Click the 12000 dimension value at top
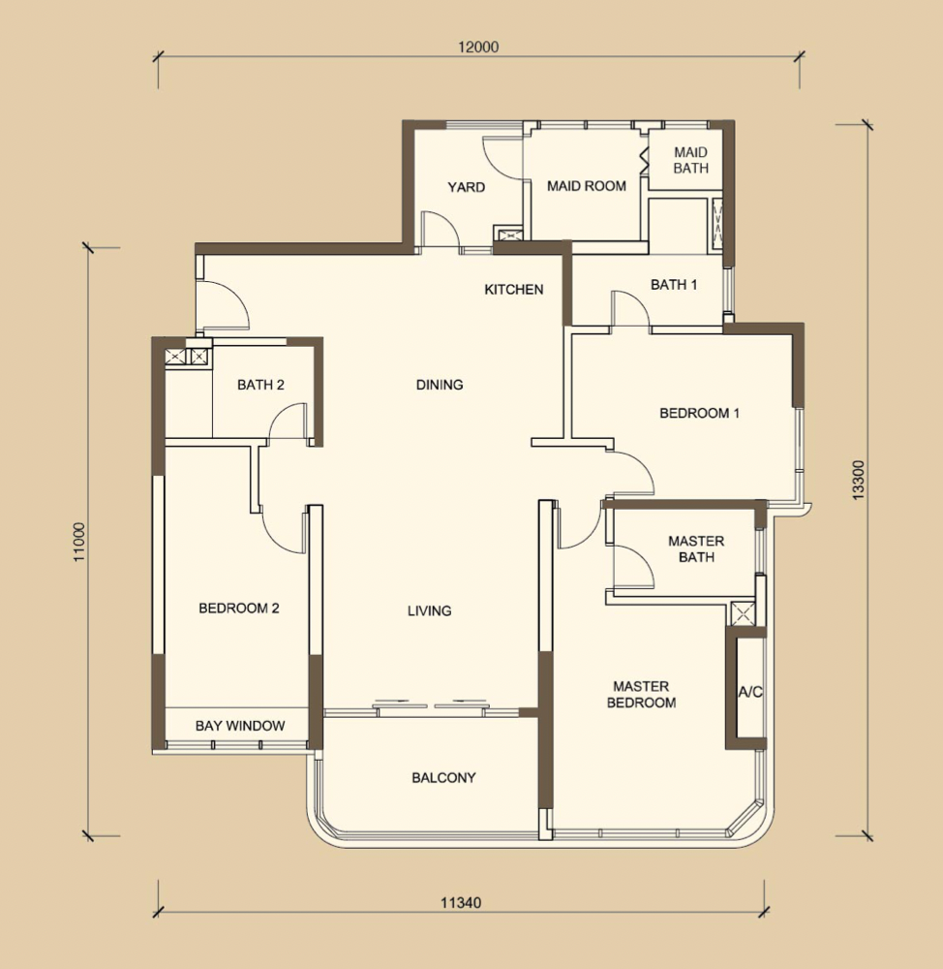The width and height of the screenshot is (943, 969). point(478,47)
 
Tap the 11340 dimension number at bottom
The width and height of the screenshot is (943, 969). point(461,903)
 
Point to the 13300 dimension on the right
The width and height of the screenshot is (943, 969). point(859,481)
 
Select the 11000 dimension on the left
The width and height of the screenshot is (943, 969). point(79,542)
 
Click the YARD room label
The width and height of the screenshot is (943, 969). point(467,187)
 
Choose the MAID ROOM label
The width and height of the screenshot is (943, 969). point(587,186)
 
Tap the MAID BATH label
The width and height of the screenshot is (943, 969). point(690,160)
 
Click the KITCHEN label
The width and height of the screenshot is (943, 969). point(514,289)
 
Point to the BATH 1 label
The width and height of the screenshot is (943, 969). point(674,285)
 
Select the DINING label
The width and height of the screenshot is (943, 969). point(440,385)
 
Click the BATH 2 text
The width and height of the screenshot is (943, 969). point(260,385)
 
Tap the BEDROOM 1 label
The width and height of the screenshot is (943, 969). point(699,413)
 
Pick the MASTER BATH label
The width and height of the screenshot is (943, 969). point(696,548)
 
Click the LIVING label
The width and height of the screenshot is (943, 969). point(429,611)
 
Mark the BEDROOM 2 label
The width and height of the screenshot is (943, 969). point(239,609)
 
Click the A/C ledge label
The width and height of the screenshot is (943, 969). point(750,692)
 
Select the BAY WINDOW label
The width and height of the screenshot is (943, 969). point(240,726)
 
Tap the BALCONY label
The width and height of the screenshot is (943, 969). point(444,777)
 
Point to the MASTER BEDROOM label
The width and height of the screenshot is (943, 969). point(641,695)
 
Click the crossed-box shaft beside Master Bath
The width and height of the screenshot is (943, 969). point(743,613)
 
